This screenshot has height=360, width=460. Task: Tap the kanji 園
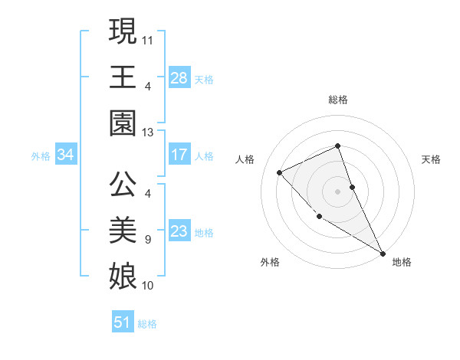tap(123, 122)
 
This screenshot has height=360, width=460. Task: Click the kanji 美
tap(123, 229)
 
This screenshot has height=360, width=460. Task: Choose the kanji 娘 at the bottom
tap(123, 273)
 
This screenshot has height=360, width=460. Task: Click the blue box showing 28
tap(179, 78)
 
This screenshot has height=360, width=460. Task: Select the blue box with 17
tap(179, 155)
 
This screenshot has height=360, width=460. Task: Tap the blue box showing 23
tap(179, 231)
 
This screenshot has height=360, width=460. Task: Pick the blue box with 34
tap(66, 155)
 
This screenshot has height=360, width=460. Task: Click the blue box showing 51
tap(123, 322)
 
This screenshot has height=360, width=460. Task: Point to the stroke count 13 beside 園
tap(147, 133)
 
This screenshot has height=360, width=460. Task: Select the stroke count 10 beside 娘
tap(147, 286)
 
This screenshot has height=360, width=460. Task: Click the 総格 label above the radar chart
tap(337, 100)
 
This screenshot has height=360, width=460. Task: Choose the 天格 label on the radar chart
tap(431, 159)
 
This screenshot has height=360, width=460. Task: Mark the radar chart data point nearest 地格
tap(383, 253)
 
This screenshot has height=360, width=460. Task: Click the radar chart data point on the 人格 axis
tap(280, 172)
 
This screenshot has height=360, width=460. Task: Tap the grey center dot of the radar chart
tap(337, 191)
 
